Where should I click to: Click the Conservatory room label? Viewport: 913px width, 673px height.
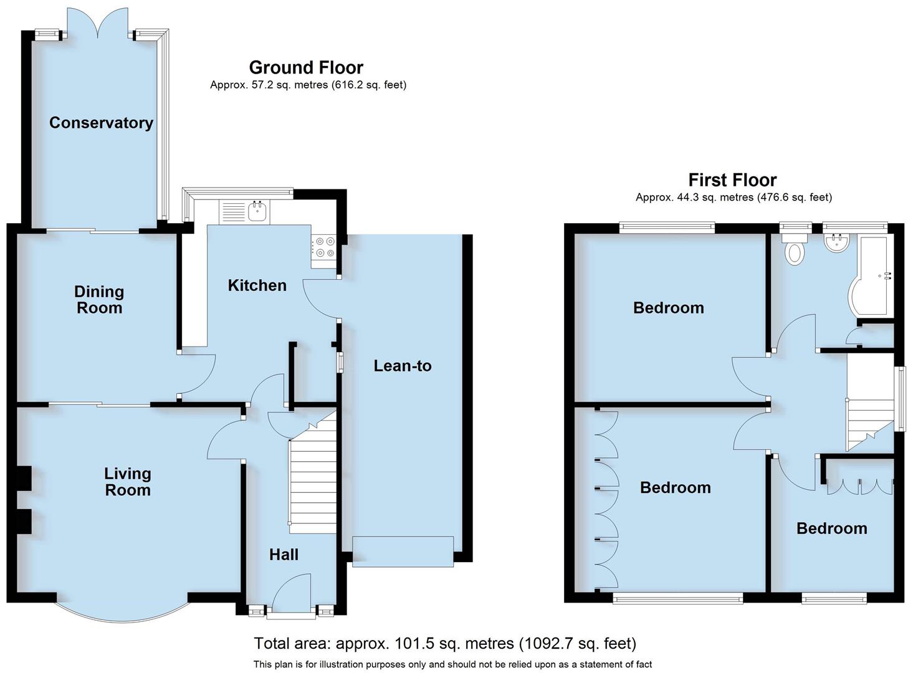101,123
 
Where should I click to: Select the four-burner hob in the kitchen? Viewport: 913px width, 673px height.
323,247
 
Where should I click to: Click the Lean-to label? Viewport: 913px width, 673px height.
402,366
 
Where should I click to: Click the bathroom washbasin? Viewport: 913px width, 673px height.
836,243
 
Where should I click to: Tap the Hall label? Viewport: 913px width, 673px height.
284,555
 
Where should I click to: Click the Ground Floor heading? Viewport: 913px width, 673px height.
306,67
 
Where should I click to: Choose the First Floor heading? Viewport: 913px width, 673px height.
732,180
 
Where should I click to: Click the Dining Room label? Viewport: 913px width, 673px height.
99,300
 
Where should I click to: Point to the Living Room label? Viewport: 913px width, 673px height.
127,482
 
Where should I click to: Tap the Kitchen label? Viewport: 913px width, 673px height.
257,285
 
